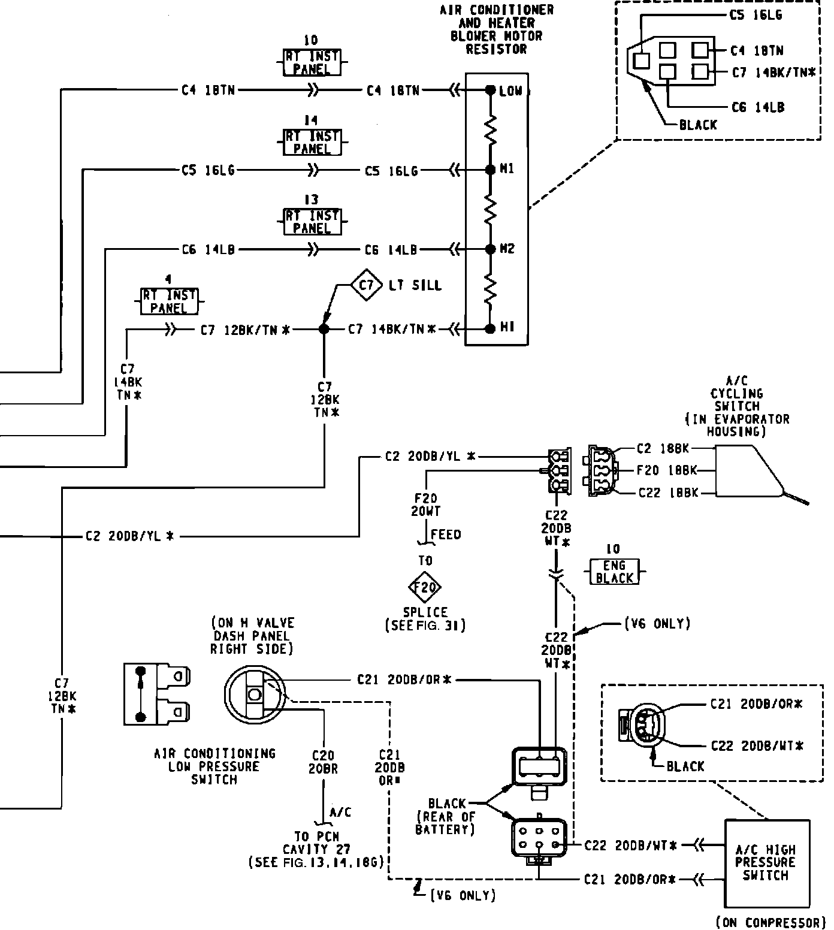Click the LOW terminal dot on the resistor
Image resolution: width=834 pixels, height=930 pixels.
(x=490, y=90)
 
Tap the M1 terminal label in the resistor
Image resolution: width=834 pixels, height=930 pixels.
(x=507, y=170)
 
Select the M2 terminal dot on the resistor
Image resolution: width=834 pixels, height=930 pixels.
(x=490, y=249)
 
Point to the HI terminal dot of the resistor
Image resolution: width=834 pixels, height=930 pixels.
(x=490, y=328)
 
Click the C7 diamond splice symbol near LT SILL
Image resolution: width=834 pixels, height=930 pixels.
(x=366, y=285)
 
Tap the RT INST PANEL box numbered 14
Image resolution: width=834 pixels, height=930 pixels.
(x=312, y=143)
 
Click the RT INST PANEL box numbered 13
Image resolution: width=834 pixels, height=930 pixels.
(x=312, y=222)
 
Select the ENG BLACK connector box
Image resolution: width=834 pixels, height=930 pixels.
(x=615, y=572)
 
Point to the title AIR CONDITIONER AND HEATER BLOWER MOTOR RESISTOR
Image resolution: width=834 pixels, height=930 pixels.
(x=497, y=29)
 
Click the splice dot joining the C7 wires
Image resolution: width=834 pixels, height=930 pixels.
(x=324, y=329)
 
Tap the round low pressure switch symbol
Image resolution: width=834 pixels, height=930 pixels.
(x=255, y=695)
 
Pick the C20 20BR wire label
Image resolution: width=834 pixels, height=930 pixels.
(x=323, y=762)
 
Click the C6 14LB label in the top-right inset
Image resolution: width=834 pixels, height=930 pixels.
(x=758, y=107)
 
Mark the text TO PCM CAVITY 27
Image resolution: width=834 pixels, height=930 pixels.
(x=316, y=843)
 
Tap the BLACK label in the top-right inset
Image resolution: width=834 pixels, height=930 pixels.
(x=698, y=125)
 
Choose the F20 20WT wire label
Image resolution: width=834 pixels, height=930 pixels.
(x=425, y=505)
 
